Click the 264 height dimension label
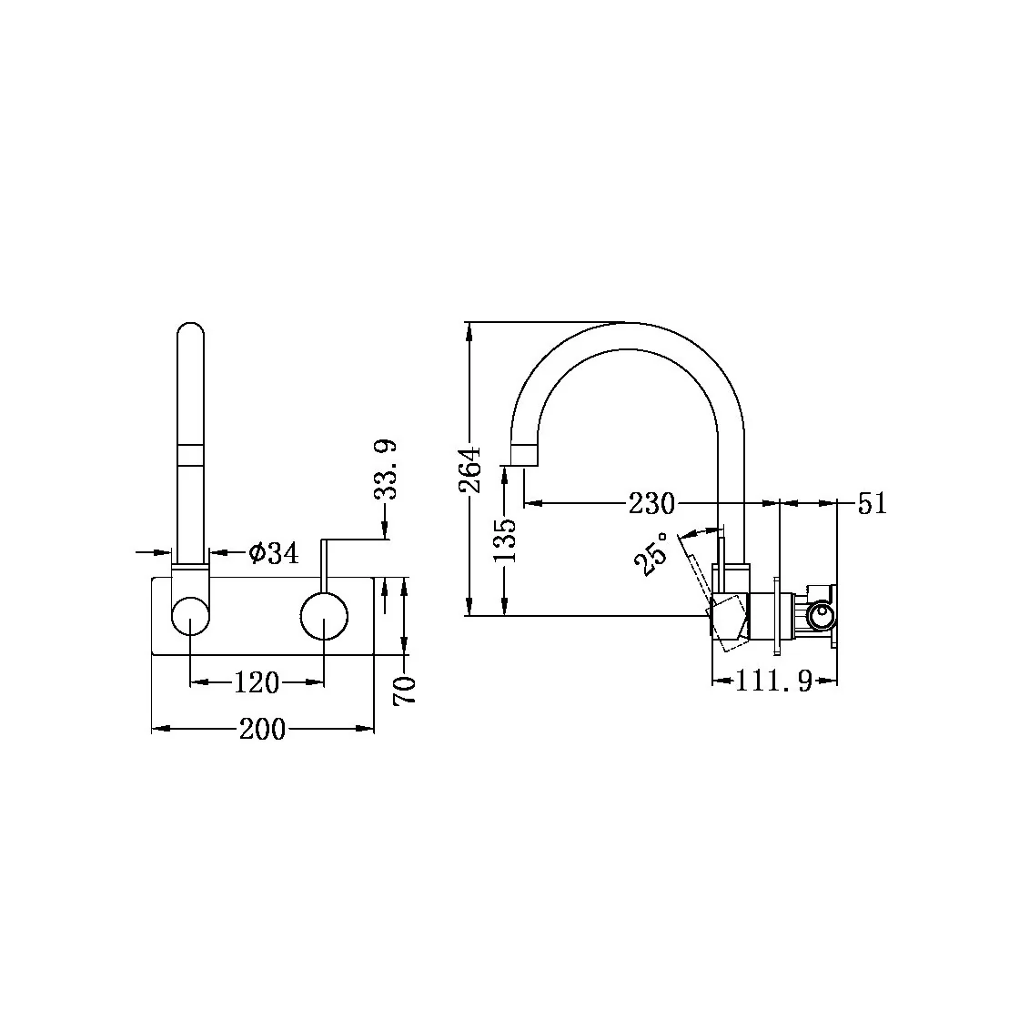click(469, 469)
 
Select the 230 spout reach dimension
click(651, 503)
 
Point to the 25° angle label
click(653, 553)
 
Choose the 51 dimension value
click(872, 503)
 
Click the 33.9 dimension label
click(386, 469)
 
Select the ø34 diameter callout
click(272, 552)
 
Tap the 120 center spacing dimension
click(257, 681)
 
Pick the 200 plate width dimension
click(262, 729)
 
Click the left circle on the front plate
click(190, 617)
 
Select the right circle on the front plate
click(324, 617)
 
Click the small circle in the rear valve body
click(822, 616)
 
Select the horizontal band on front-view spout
click(190, 455)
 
